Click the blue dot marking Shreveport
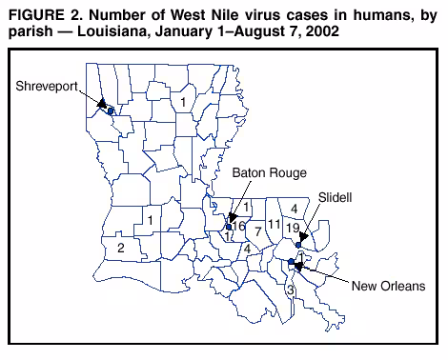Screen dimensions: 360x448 point(111,111)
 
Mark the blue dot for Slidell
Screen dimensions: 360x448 point(298,245)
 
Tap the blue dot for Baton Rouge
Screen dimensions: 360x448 point(229,227)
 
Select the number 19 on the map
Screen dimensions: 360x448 point(294,228)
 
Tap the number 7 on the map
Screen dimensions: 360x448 point(257,231)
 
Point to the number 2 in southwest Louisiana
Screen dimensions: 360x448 point(120,248)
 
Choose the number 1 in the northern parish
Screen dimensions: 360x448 point(183,101)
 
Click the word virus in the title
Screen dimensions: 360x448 point(247,11)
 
